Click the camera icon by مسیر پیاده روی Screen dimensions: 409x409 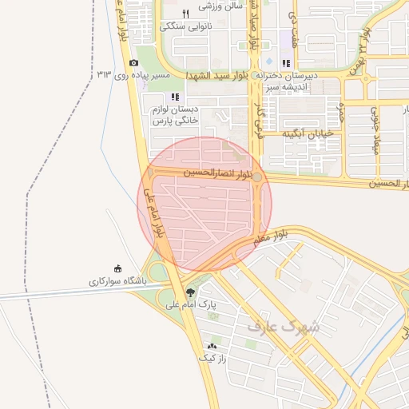point(133,62)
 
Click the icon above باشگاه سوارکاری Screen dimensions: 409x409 point(118,268)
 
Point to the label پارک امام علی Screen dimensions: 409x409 point(191,304)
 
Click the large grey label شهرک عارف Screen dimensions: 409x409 point(283,327)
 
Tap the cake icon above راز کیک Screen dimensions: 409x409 point(212,347)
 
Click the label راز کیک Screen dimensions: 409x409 point(212,359)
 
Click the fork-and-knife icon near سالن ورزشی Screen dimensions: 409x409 point(186,13)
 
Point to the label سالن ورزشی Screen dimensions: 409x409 point(220,6)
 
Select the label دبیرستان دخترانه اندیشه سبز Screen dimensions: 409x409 point(286,80)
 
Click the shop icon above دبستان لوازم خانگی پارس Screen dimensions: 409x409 point(174,97)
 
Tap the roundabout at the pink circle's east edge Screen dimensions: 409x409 point(258,177)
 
